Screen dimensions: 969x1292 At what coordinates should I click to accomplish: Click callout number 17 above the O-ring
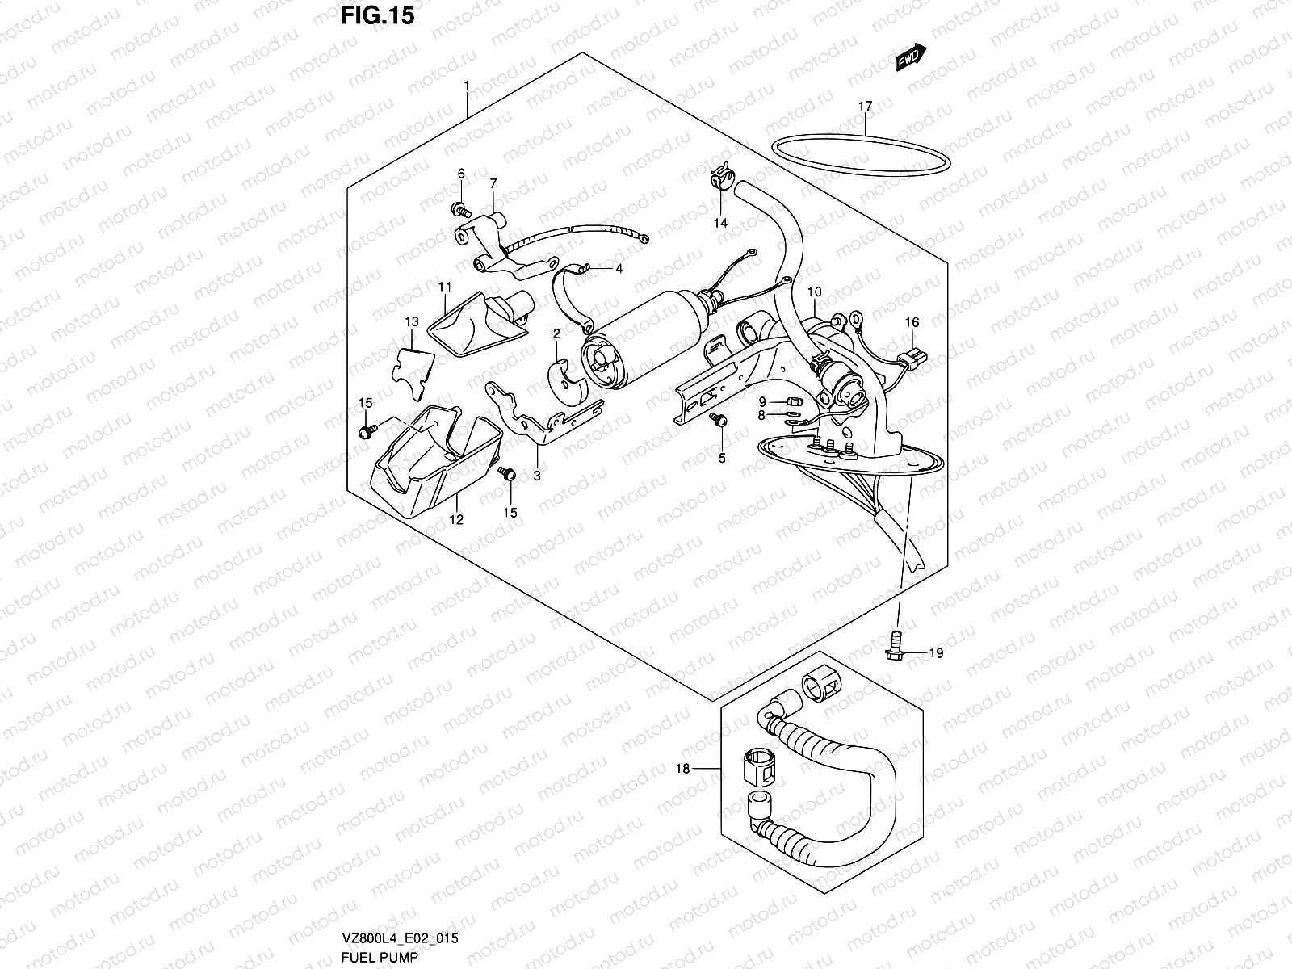coord(865,107)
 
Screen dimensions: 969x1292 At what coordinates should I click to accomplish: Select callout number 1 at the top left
coord(466,86)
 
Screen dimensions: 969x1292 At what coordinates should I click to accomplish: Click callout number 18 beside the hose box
coord(683,769)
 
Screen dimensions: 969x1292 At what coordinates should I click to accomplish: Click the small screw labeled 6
coord(462,211)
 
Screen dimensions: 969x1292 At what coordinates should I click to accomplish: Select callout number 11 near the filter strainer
coord(445,287)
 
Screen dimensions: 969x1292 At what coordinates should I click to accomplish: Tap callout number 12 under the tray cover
coord(456,520)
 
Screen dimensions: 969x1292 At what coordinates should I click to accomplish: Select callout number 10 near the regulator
coord(814,291)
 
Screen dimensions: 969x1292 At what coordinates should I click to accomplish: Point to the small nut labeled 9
coord(792,401)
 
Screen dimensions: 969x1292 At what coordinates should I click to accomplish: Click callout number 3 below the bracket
coord(536,476)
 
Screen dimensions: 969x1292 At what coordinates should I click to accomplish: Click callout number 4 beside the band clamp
coord(619,269)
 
